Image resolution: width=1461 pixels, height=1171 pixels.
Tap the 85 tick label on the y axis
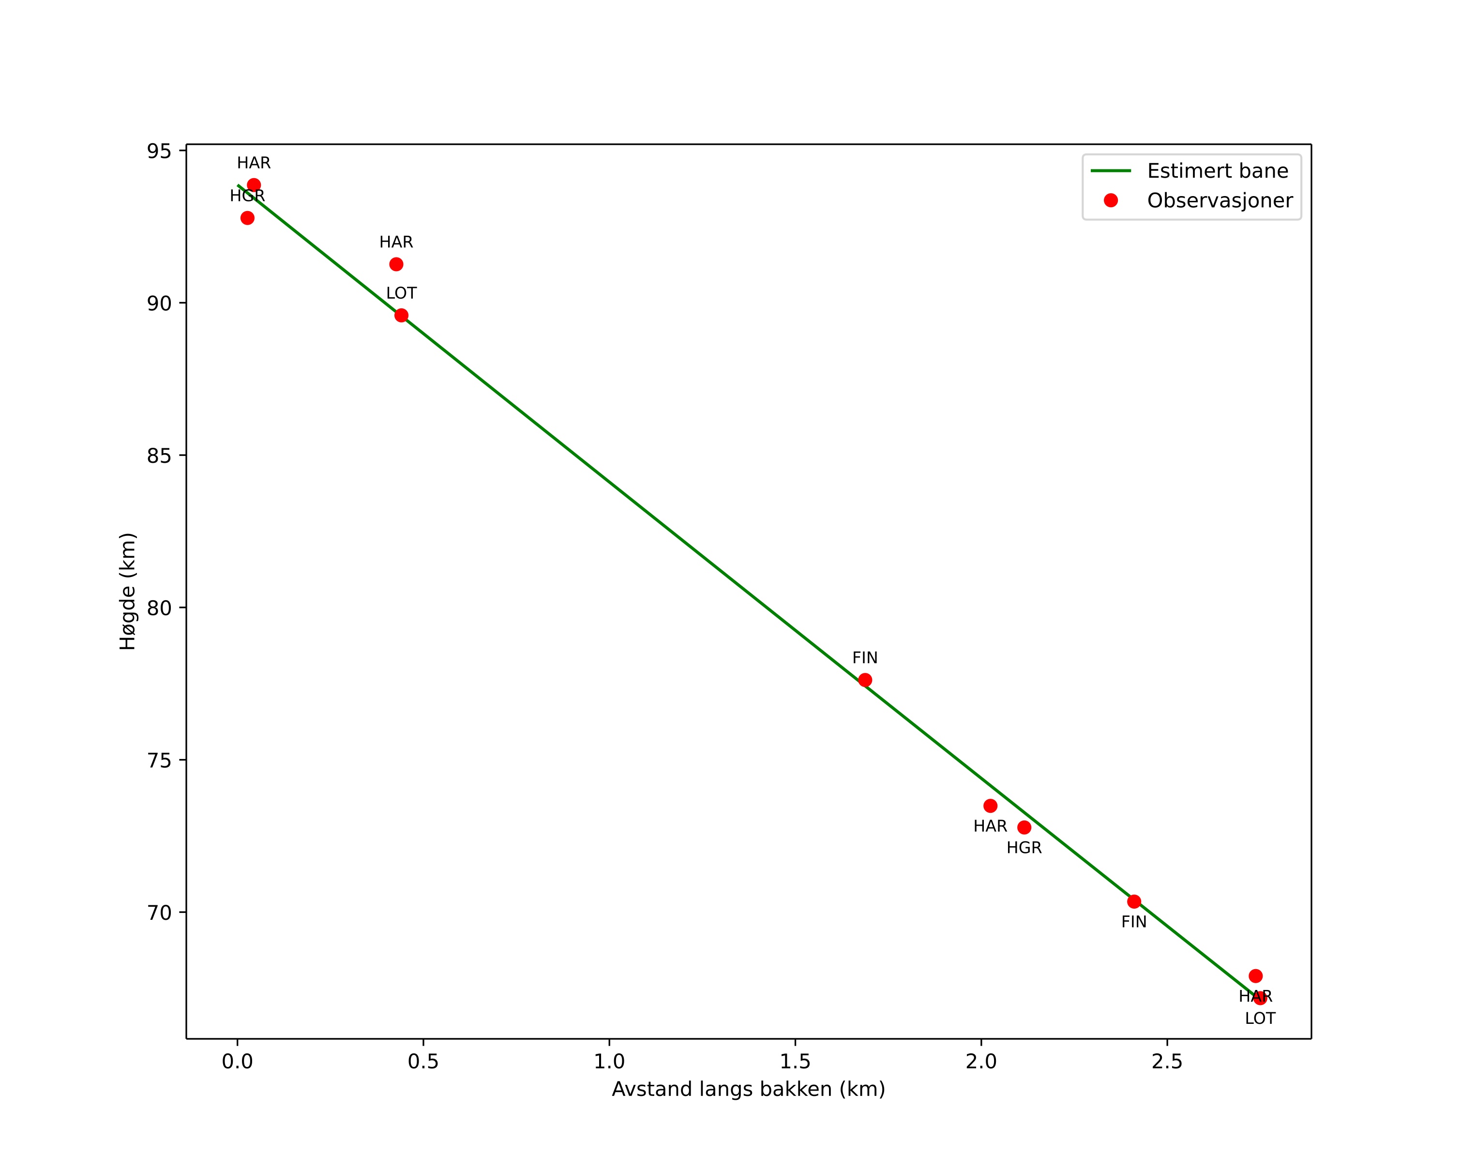159,456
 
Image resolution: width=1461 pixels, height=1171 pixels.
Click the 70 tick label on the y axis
159,913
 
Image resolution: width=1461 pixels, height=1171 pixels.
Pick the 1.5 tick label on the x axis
795,1061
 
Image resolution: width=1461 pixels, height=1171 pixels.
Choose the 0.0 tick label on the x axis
237,1061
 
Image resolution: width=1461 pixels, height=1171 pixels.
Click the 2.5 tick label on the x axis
1167,1061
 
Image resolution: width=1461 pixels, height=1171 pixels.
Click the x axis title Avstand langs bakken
748,1089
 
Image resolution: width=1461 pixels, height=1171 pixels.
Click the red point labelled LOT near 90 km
401,315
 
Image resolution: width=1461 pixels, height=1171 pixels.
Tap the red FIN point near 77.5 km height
865,680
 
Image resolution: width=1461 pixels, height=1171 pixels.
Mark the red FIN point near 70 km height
1134,901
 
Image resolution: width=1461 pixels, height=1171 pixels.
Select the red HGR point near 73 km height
1024,827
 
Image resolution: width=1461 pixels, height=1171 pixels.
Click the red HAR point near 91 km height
396,264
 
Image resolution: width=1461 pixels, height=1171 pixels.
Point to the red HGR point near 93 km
247,217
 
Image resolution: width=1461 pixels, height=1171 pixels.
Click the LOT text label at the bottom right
1260,1019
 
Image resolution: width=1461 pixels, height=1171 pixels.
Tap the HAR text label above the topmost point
254,163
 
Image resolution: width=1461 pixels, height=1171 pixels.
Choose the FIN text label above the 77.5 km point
865,658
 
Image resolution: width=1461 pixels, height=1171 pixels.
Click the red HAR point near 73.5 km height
990,806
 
